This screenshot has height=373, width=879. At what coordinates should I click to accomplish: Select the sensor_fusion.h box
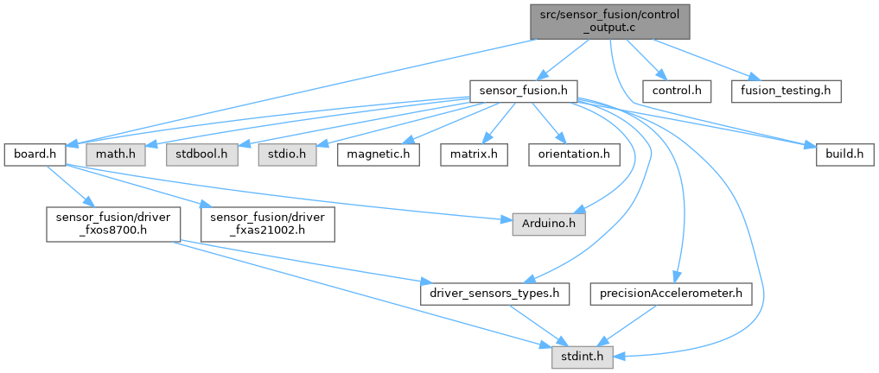coord(522,89)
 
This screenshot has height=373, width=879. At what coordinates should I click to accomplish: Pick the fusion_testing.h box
coord(786,89)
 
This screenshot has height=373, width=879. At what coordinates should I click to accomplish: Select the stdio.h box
coord(287,155)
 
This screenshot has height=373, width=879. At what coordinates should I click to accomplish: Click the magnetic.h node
coord(379,155)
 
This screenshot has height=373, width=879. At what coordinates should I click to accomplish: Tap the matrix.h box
coord(474,155)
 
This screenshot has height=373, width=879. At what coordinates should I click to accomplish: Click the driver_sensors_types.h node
coord(494,294)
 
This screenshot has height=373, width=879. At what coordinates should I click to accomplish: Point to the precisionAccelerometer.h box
coord(672,294)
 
